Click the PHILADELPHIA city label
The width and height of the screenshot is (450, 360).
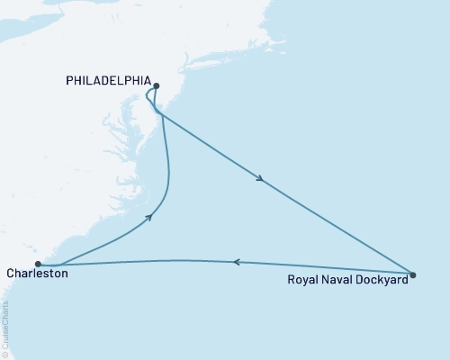point(108,80)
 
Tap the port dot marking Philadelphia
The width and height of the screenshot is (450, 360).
point(156,86)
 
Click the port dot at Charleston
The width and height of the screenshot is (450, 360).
point(38,264)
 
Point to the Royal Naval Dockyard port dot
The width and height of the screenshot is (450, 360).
point(412,274)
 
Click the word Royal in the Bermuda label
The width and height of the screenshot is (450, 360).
point(301,279)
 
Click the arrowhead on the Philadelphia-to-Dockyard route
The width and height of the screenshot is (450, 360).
point(260,179)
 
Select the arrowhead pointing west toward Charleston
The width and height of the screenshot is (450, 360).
point(236,262)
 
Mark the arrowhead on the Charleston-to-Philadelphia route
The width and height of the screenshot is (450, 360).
point(149,217)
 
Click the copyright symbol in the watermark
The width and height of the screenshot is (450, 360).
point(5,354)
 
